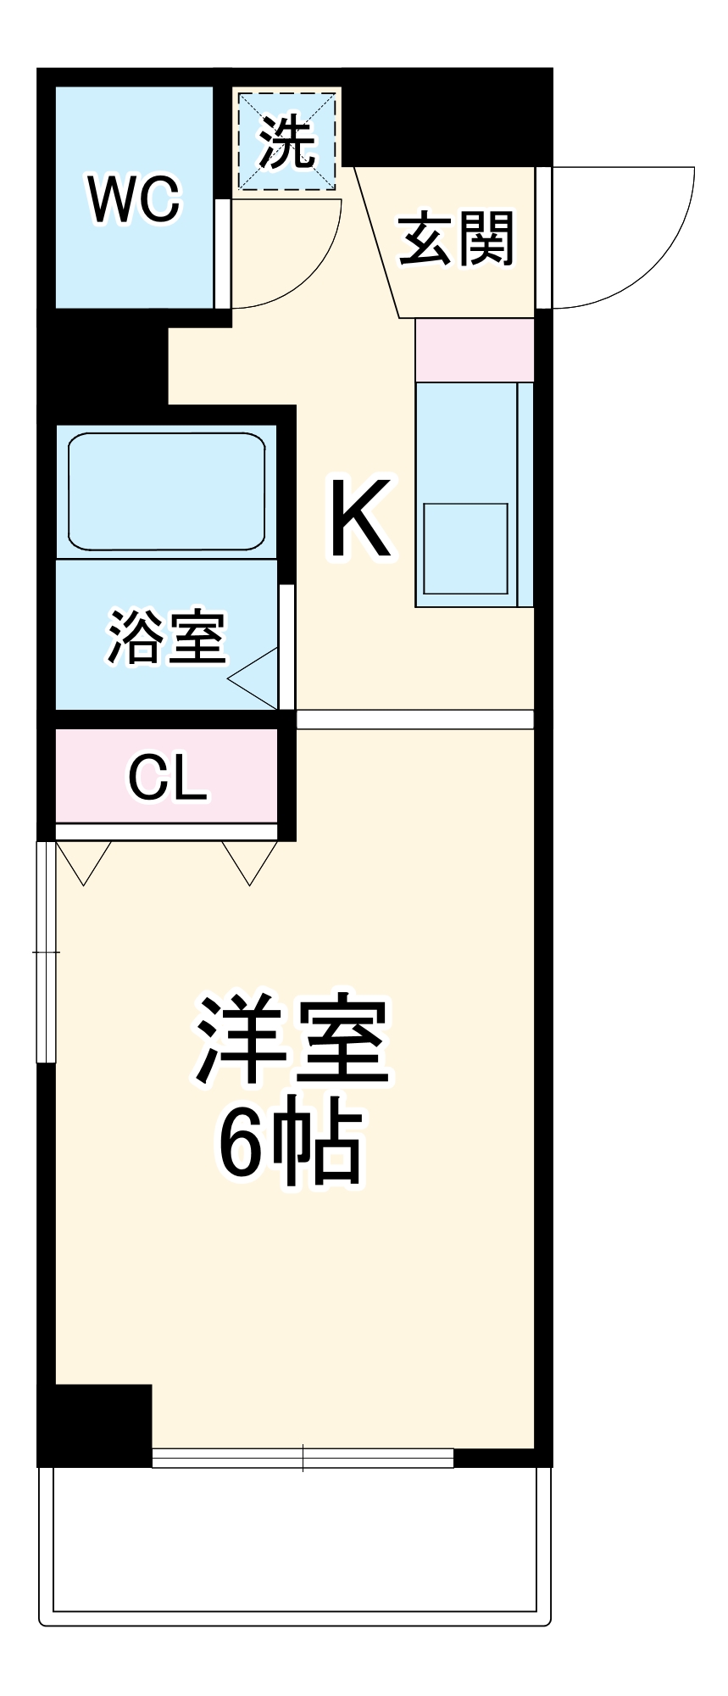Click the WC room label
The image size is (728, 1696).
tap(134, 201)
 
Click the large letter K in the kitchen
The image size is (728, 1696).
tap(360, 518)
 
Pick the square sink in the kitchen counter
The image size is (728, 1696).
tap(465, 549)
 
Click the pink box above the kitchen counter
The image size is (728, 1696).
tap(475, 350)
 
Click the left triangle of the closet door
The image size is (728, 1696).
tap(83, 859)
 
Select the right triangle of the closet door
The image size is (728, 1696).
tap(250, 859)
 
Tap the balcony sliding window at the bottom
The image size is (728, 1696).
tap(303, 1458)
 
